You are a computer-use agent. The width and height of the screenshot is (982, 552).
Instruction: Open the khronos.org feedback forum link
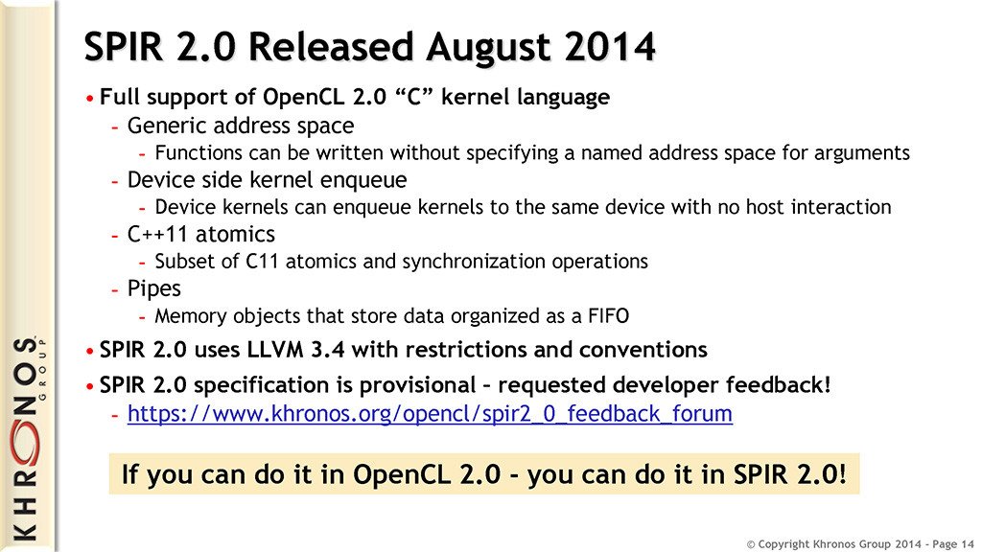[430, 414]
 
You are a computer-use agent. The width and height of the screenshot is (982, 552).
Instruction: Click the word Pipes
[154, 288]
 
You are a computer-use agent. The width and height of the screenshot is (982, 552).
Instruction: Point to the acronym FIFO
[609, 316]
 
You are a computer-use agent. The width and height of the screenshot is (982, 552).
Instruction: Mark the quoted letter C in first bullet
[413, 97]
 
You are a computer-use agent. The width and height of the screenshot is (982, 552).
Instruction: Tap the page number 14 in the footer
[967, 544]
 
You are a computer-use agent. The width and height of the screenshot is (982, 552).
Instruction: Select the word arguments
[862, 153]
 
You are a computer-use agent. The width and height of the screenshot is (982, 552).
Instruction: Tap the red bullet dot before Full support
[90, 99]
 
